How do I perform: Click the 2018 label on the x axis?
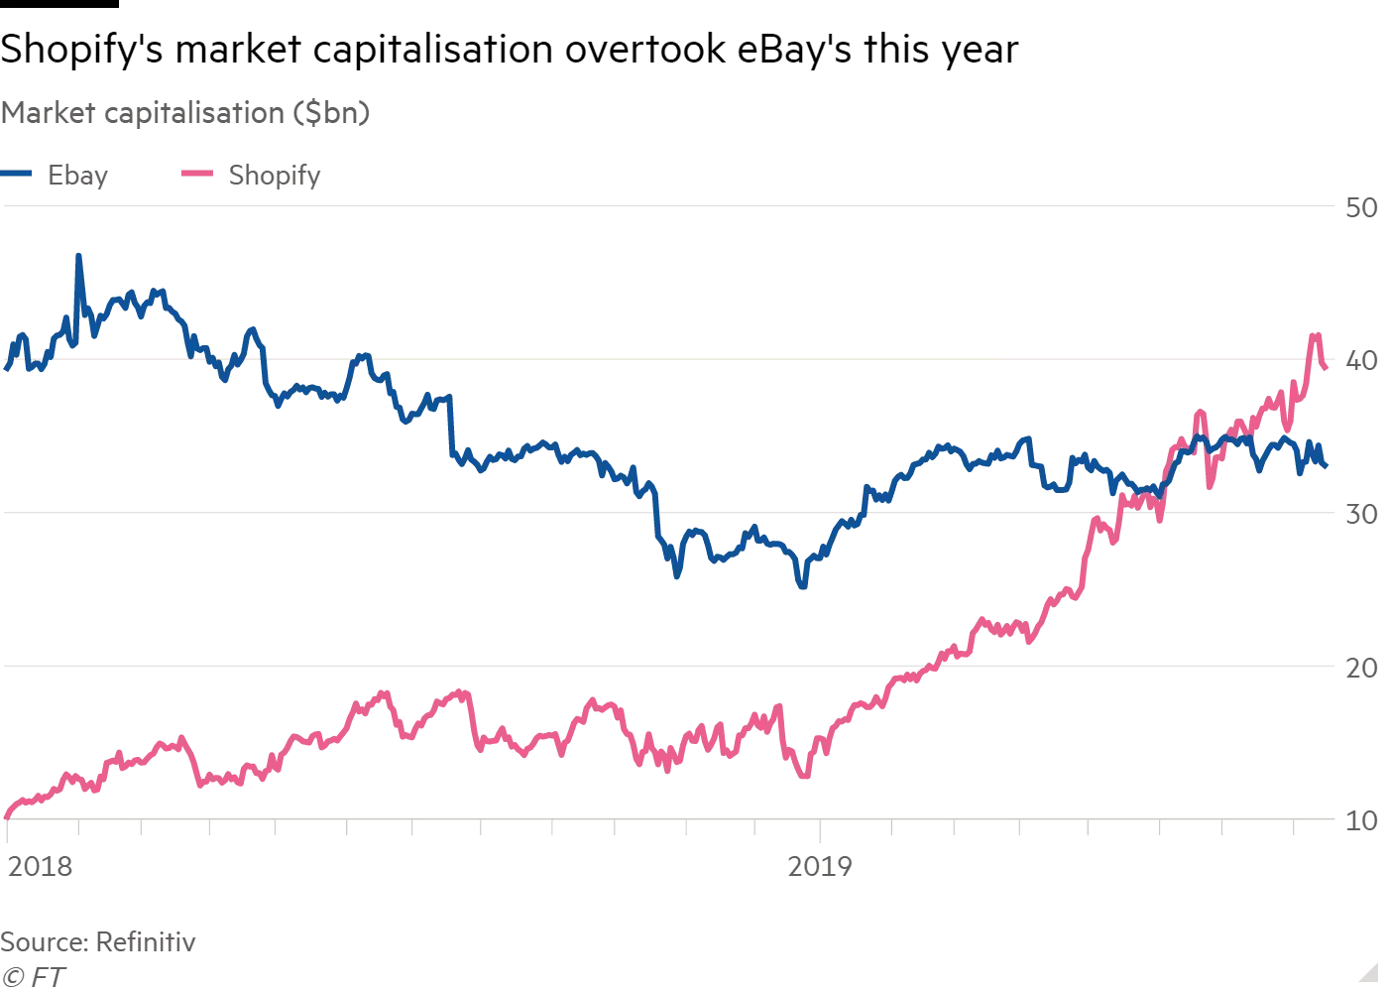coord(40,866)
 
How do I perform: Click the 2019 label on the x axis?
coord(820,866)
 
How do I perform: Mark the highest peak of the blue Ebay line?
coord(79,256)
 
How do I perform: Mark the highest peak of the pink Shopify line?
coord(1316,335)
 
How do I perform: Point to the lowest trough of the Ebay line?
coord(802,586)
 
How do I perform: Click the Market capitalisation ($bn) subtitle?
coord(185,113)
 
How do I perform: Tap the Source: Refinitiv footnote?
coord(98,941)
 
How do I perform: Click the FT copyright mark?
coord(32,976)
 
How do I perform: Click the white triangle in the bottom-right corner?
coord(1368,971)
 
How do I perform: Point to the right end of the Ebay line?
coord(1326,464)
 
